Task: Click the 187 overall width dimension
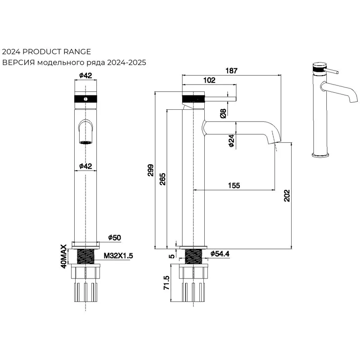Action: click(232, 70)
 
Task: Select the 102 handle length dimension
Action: click(209, 80)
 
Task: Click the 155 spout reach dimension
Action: click(234, 185)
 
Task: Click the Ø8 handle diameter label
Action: click(224, 113)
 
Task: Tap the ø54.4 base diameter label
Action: click(220, 254)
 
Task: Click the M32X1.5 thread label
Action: click(118, 256)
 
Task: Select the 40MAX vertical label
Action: click(64, 256)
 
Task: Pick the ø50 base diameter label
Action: click(115, 237)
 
